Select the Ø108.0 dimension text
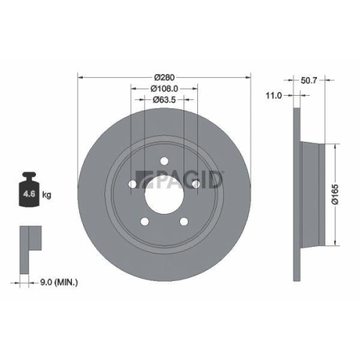tap(165, 89)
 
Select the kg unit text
tap(45, 195)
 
